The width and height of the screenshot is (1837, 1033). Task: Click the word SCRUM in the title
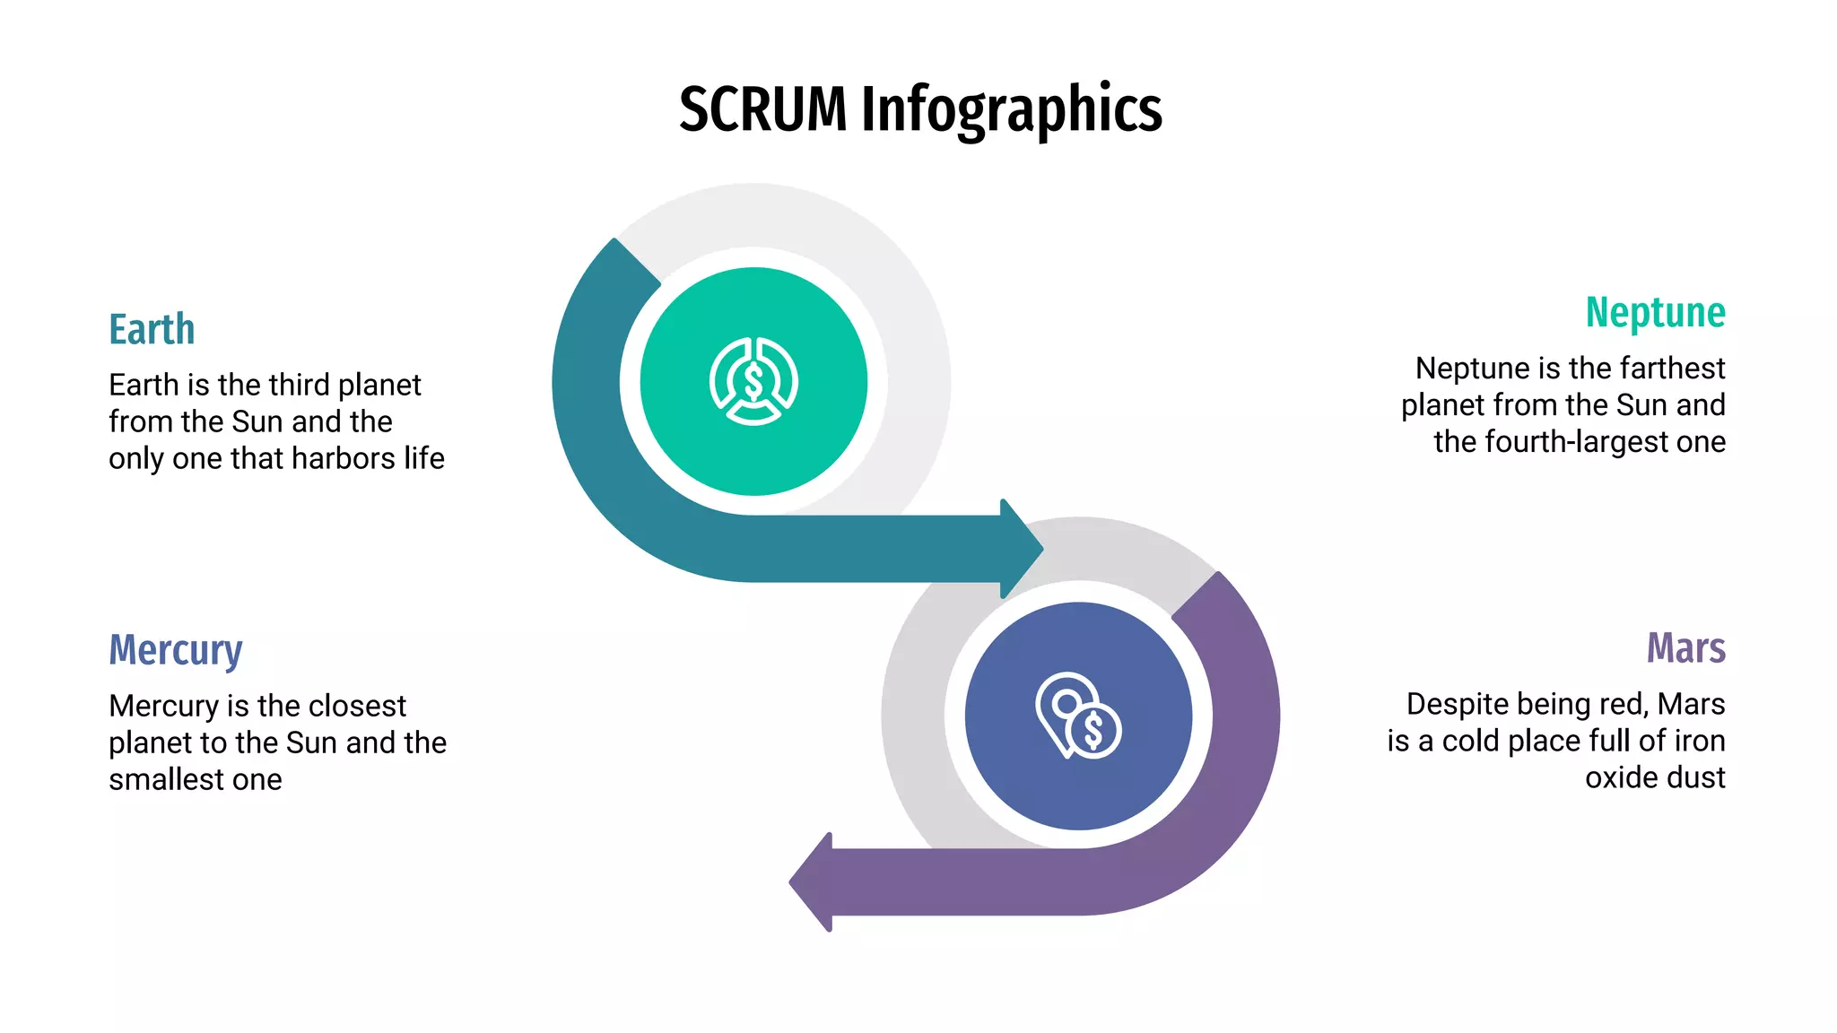762,109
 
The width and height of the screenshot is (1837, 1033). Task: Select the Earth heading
152,329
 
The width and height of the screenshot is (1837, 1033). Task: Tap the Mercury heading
176,650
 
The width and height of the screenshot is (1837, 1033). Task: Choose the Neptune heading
1655,312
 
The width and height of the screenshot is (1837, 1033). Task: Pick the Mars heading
1685,647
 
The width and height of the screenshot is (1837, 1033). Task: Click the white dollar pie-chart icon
753,381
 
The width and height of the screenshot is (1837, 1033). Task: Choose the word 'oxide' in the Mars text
1618,777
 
